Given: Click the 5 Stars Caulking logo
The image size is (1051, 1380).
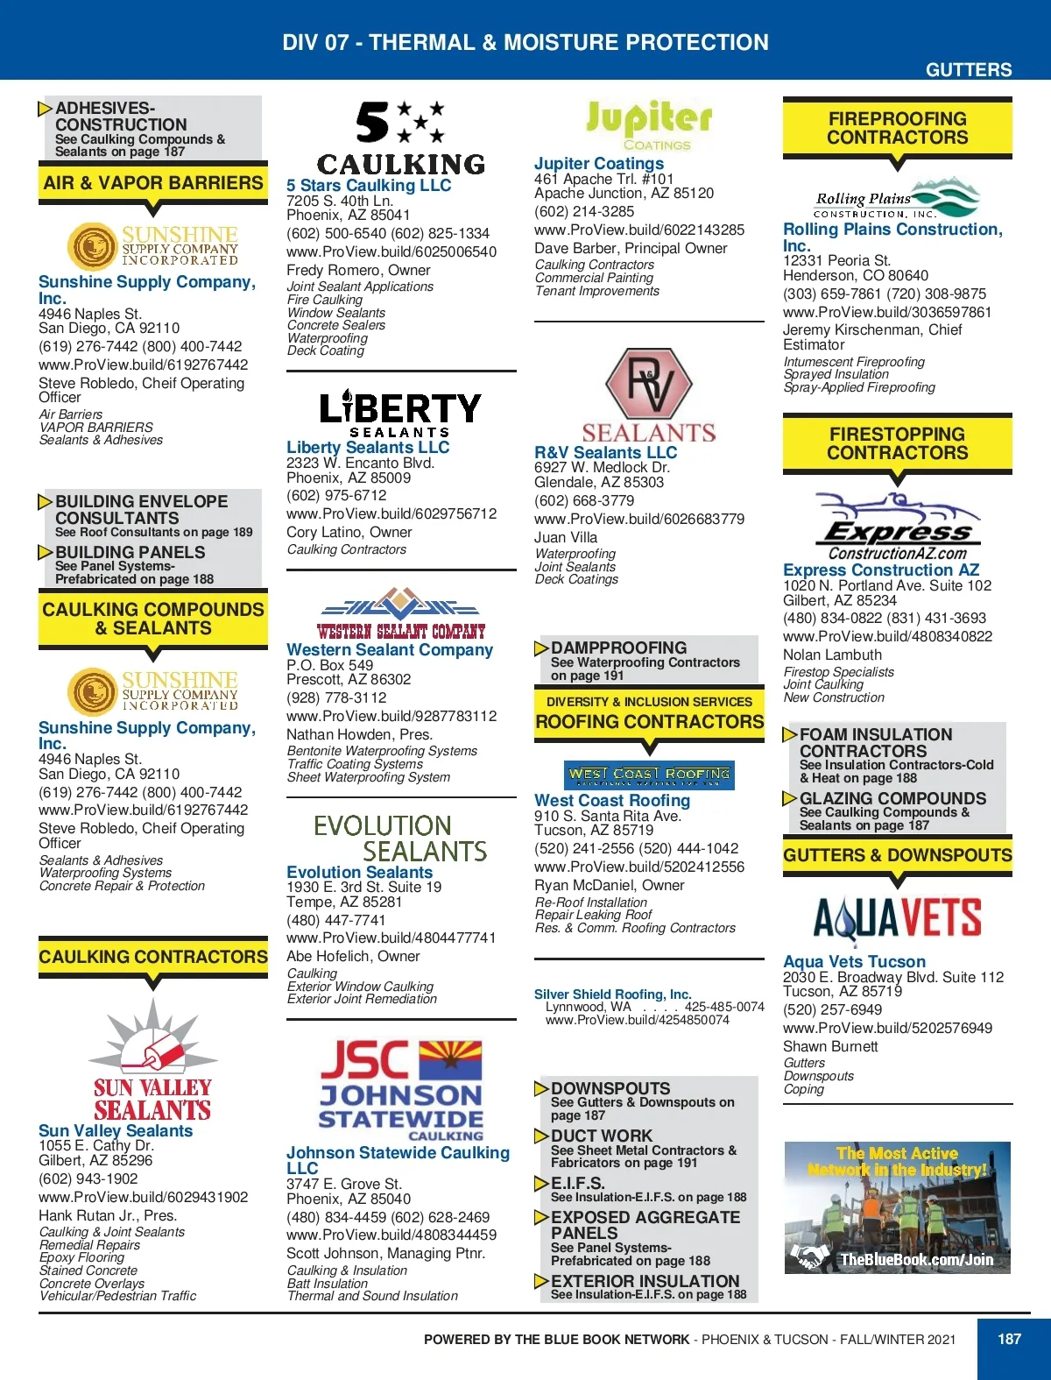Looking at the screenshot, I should pyautogui.click(x=400, y=138).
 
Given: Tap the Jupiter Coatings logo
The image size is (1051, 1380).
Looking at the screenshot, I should pyautogui.click(x=649, y=124).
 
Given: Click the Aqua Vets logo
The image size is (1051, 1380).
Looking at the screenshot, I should pyautogui.click(x=898, y=917).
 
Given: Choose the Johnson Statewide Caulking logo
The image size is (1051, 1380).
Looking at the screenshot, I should pyautogui.click(x=401, y=1090).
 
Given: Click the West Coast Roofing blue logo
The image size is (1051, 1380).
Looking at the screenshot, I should pyautogui.click(x=649, y=775).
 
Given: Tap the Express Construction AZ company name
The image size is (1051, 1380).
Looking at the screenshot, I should pyautogui.click(x=881, y=570).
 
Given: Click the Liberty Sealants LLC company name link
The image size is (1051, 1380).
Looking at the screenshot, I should pyautogui.click(x=368, y=447).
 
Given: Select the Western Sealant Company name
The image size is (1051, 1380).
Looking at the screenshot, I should pyautogui.click(x=390, y=649).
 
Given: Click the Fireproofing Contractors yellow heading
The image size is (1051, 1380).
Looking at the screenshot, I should pyautogui.click(x=898, y=128).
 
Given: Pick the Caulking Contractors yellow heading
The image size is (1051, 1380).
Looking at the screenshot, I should pyautogui.click(x=153, y=957).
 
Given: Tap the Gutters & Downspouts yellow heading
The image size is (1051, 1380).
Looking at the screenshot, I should pyautogui.click(x=898, y=855).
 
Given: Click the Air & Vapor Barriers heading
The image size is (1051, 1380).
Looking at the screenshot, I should pyautogui.click(x=153, y=182).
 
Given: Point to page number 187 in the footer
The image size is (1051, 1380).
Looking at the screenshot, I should pyautogui.click(x=1010, y=1339).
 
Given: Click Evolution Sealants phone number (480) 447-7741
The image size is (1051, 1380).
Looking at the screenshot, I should pyautogui.click(x=336, y=920).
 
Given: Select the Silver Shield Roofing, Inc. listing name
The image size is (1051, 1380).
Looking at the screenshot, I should pyautogui.click(x=613, y=994).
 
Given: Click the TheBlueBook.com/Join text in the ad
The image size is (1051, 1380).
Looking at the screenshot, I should pyautogui.click(x=916, y=1260).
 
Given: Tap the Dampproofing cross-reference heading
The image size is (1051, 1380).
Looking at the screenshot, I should pyautogui.click(x=618, y=648).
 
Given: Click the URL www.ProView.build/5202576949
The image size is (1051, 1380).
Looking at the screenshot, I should pyautogui.click(x=887, y=1028).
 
